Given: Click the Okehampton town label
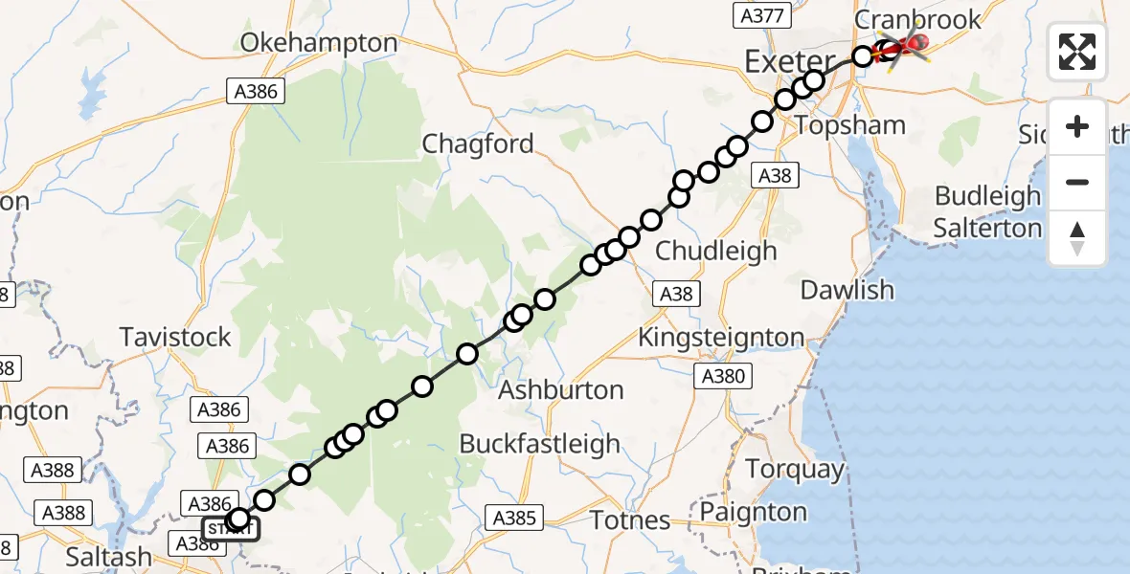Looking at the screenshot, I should (305, 43).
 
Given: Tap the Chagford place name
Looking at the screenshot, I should (478, 144).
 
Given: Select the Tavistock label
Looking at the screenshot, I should (175, 337).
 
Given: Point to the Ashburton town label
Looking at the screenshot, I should (561, 390).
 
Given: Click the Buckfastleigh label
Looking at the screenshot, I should (540, 444).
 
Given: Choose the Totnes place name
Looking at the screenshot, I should (630, 520).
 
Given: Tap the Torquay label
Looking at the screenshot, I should (795, 470).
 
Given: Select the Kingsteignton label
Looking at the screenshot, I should (721, 337).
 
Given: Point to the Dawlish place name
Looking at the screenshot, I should (847, 290).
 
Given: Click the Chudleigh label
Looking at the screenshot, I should (716, 251).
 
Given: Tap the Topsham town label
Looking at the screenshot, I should (837, 125).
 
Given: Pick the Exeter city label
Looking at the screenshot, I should (789, 63).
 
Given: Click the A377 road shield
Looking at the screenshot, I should (763, 15).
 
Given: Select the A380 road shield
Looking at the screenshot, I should (723, 376).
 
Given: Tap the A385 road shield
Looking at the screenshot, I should (514, 519).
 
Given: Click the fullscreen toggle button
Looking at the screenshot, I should (1077, 52).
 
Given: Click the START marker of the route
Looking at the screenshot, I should (230, 528).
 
